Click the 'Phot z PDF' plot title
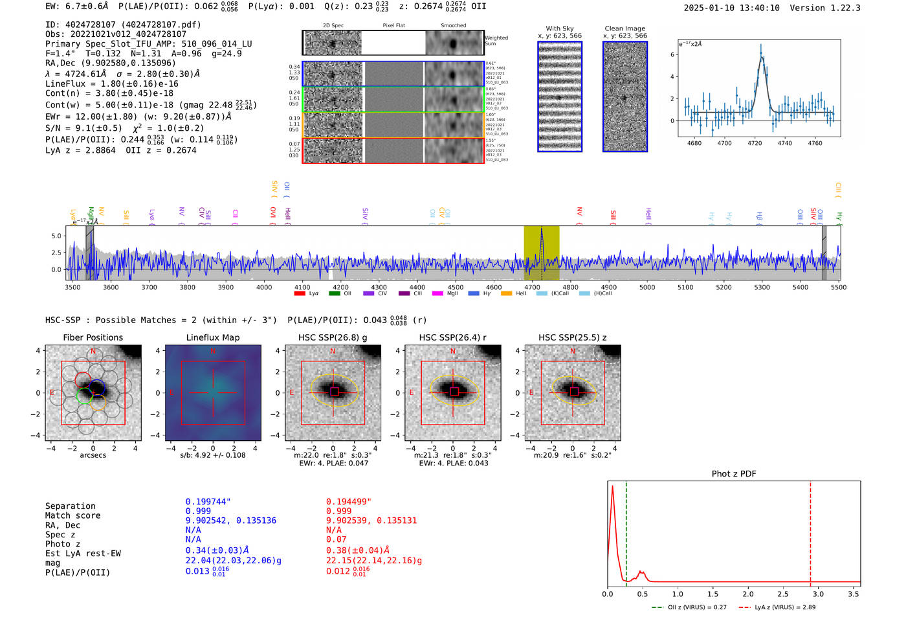click(x=734, y=474)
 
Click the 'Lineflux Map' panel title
click(x=213, y=337)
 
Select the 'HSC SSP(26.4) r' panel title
click(x=452, y=337)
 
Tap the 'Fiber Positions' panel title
click(x=93, y=337)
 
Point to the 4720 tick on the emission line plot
click(x=755, y=143)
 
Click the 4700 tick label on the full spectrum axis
click(x=532, y=287)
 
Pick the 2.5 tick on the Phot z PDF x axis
click(x=783, y=594)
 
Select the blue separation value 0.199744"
click(x=208, y=502)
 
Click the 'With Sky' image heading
click(x=560, y=28)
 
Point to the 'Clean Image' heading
click(x=625, y=28)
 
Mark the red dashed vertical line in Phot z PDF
click(x=810, y=531)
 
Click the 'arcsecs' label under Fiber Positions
click(x=93, y=455)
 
